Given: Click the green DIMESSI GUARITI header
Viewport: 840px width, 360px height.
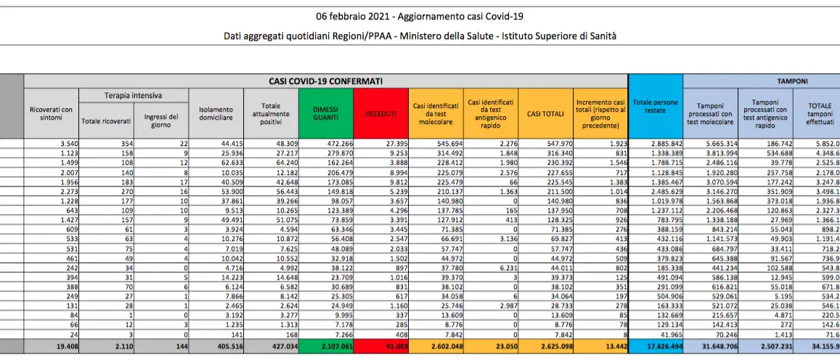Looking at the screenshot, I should click(325, 112).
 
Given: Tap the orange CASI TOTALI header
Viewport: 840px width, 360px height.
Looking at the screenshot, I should click(545, 113).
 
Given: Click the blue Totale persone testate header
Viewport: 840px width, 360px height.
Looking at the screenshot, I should click(655, 106).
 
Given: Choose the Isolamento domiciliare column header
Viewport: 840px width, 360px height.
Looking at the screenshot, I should click(216, 112).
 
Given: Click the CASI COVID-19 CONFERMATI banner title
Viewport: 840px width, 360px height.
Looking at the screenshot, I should click(326, 81).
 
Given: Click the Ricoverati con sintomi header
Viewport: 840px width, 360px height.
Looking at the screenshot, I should click(51, 112).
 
